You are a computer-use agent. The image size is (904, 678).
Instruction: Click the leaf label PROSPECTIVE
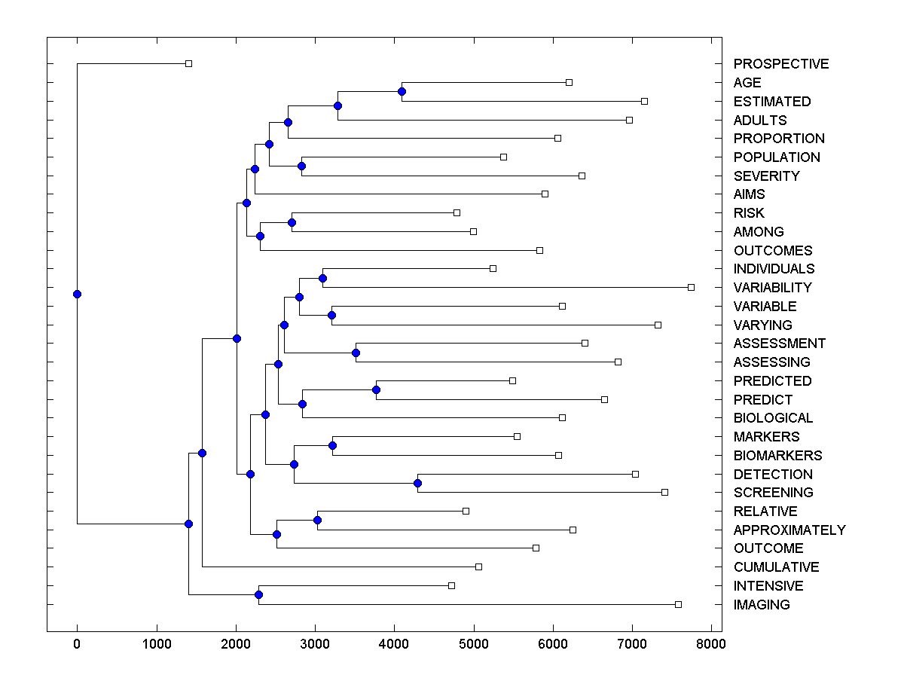pos(780,64)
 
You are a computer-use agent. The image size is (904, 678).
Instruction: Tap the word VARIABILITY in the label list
pos(772,288)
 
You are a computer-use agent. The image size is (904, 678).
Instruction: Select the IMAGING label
pos(762,605)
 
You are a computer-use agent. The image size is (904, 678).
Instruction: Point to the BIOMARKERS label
pos(777,456)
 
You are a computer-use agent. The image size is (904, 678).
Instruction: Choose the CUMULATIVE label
pos(776,567)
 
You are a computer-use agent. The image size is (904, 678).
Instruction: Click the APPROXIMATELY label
pos(789,530)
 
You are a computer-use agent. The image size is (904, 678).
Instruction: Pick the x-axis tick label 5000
pos(474,643)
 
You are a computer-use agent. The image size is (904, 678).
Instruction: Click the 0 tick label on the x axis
pos(77,643)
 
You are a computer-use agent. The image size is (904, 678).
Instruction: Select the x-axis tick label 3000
pos(315,643)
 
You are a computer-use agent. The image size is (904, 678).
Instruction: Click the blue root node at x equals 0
pos(77,294)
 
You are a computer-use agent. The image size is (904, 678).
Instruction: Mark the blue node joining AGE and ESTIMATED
pos(402,92)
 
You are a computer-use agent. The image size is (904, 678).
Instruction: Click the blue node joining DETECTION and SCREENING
pos(418,483)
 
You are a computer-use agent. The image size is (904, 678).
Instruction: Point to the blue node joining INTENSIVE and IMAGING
pos(258,595)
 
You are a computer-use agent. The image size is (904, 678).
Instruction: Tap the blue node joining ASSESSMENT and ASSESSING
pos(356,353)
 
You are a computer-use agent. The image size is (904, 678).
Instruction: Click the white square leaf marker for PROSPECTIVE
pos(189,63)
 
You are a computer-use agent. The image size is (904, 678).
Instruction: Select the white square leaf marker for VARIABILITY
pos(692,287)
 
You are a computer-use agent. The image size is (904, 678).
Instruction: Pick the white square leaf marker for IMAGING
pos(678,604)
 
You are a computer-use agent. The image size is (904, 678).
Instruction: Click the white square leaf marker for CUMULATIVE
pos(478,567)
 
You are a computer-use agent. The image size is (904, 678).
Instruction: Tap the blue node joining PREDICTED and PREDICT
pos(377,389)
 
